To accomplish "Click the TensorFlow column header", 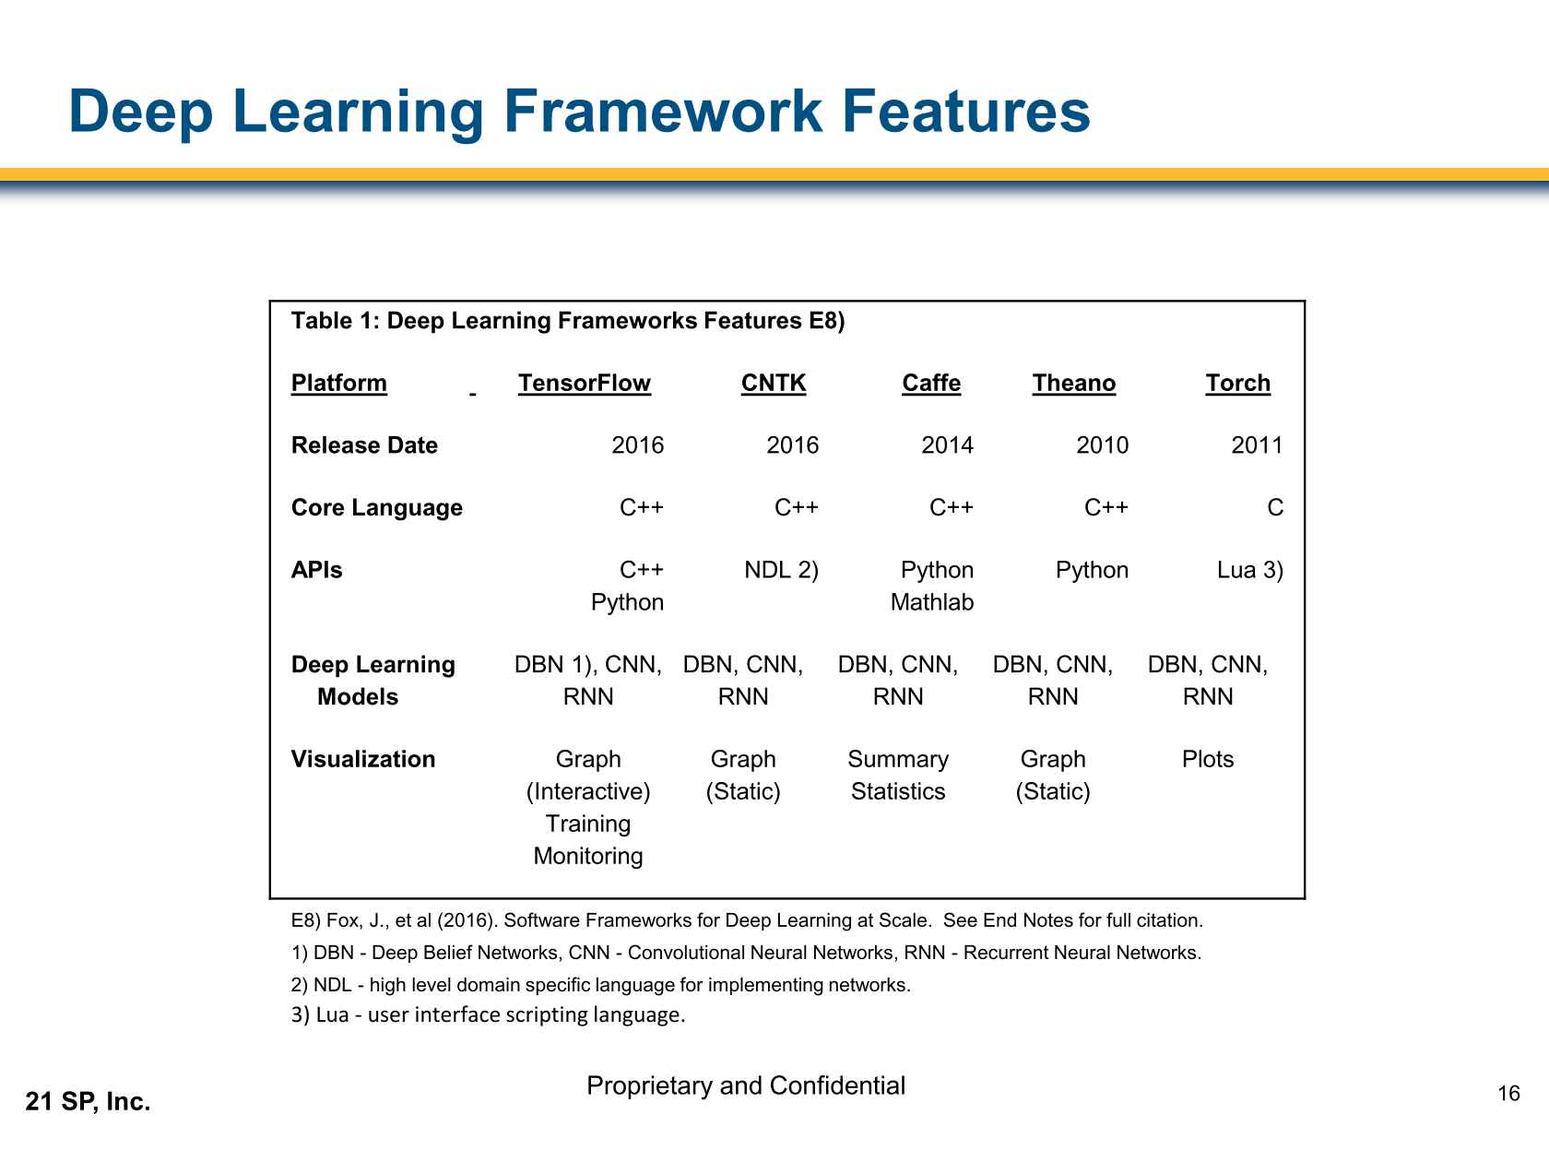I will [584, 384].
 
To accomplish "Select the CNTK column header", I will [773, 384].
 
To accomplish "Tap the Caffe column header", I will [930, 384].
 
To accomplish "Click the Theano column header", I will [1073, 384].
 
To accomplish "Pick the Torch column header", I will [1237, 384].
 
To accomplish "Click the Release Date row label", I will [364, 445].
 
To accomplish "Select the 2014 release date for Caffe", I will [947, 445].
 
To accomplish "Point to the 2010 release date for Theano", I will [1102, 445].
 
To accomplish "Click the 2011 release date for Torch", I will [1257, 445].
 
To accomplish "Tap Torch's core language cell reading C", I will [1274, 508].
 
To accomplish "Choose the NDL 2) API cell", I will [781, 570].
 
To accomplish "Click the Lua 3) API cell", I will [1249, 570].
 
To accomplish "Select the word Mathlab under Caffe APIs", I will [931, 602].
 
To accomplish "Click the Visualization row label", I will [363, 759].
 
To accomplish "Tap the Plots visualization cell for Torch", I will [1207, 759].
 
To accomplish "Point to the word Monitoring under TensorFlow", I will [588, 856].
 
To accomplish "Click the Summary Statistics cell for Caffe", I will [898, 775].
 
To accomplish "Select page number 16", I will [1508, 1094].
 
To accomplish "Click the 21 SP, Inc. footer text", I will [88, 1101].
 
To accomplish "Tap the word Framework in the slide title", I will [662, 112].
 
